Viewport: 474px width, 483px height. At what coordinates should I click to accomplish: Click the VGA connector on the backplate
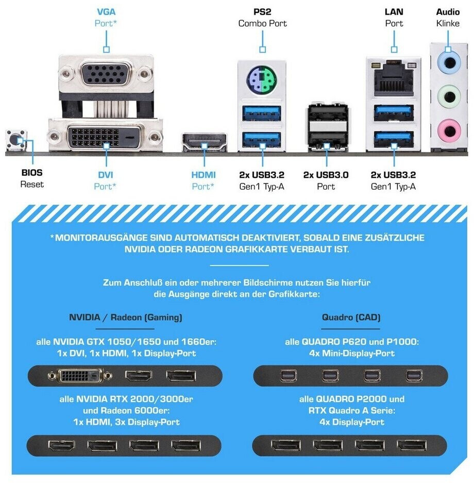(106, 73)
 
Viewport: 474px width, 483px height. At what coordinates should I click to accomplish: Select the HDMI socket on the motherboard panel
(205, 142)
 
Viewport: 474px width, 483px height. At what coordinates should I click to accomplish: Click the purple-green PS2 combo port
(262, 80)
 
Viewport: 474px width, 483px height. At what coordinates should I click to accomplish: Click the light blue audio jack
(449, 63)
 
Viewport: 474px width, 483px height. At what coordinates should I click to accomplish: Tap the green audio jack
(449, 97)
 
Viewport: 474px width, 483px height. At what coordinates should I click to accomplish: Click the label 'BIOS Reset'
(32, 178)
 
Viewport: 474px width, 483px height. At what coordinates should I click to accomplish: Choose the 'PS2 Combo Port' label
(263, 18)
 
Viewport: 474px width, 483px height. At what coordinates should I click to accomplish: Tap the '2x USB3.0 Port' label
(326, 180)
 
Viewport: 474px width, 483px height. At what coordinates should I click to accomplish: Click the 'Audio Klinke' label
(448, 18)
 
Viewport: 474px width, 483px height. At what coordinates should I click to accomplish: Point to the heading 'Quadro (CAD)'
(351, 318)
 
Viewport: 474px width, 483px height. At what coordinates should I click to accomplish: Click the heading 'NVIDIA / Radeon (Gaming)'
(126, 318)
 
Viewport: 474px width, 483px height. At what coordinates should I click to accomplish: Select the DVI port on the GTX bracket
(80, 375)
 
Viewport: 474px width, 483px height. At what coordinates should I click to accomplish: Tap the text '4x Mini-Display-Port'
(352, 353)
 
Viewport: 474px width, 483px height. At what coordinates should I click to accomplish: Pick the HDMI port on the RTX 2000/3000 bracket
(61, 445)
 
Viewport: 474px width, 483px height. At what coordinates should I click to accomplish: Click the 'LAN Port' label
(394, 18)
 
